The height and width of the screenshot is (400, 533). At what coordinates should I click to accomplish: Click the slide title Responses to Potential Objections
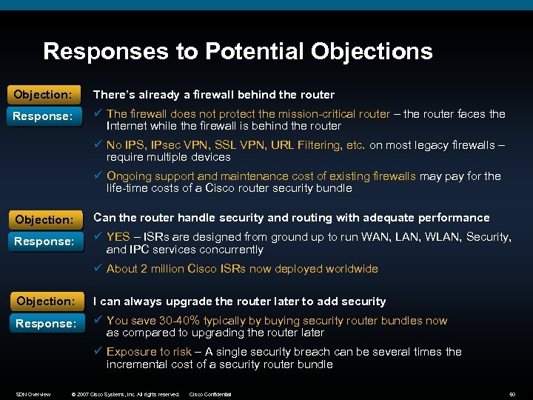[238, 51]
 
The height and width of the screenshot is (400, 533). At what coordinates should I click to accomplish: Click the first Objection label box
[43, 95]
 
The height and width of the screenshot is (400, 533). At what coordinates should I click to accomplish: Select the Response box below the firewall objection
[43, 116]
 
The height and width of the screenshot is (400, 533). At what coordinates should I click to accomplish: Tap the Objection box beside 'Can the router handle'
[44, 219]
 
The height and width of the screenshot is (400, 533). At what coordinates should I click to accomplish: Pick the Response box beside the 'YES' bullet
[44, 241]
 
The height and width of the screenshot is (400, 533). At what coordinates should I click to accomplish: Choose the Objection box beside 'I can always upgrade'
[44, 301]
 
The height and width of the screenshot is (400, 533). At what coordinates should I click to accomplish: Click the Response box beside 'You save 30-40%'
[44, 323]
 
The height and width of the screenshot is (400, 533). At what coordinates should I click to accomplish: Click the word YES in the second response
[118, 237]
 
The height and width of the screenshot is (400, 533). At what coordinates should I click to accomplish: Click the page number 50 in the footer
[512, 394]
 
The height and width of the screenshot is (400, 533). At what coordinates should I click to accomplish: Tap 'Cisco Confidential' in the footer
[210, 394]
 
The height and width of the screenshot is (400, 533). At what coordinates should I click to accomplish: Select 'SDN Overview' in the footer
[33, 394]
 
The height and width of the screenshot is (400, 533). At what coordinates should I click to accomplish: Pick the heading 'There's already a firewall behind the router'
[213, 95]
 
